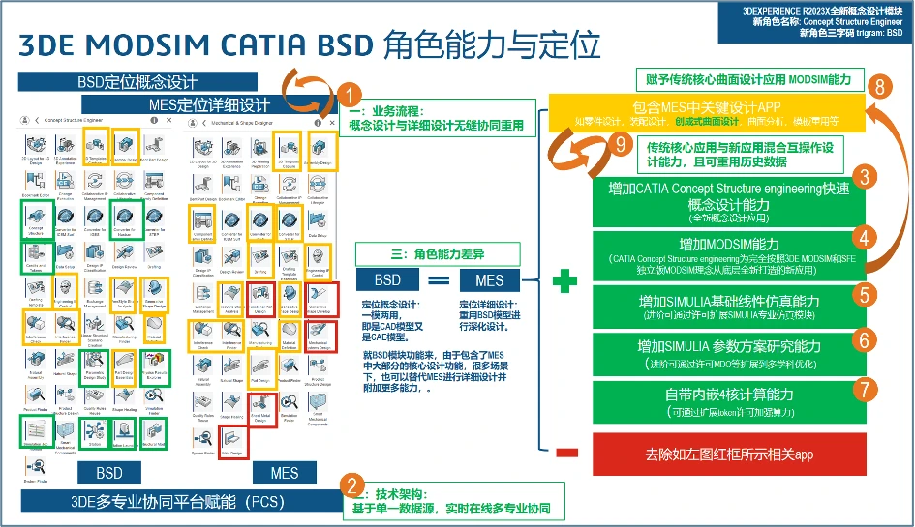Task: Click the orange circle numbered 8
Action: point(878,86)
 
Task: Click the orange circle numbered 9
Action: point(623,145)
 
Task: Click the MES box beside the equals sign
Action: point(488,280)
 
